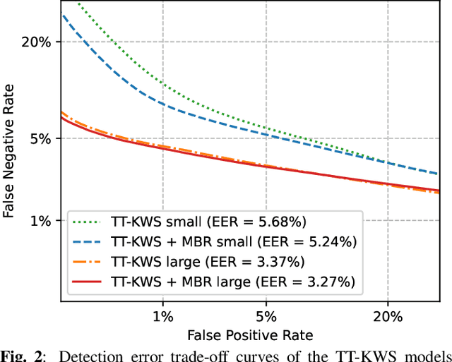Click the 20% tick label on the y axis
[x=37, y=42]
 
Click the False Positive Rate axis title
[x=251, y=334]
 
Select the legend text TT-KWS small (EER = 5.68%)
[x=208, y=222]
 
